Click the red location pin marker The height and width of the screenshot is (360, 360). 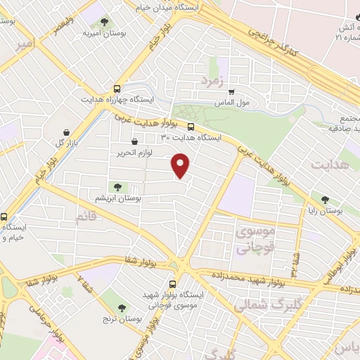point(181,165)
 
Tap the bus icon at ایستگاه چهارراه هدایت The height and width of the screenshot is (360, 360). point(117,89)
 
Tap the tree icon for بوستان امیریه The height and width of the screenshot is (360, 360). point(105,22)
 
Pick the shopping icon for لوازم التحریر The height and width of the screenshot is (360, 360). point(134,141)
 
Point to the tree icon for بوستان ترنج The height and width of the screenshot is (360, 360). point(122,308)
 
